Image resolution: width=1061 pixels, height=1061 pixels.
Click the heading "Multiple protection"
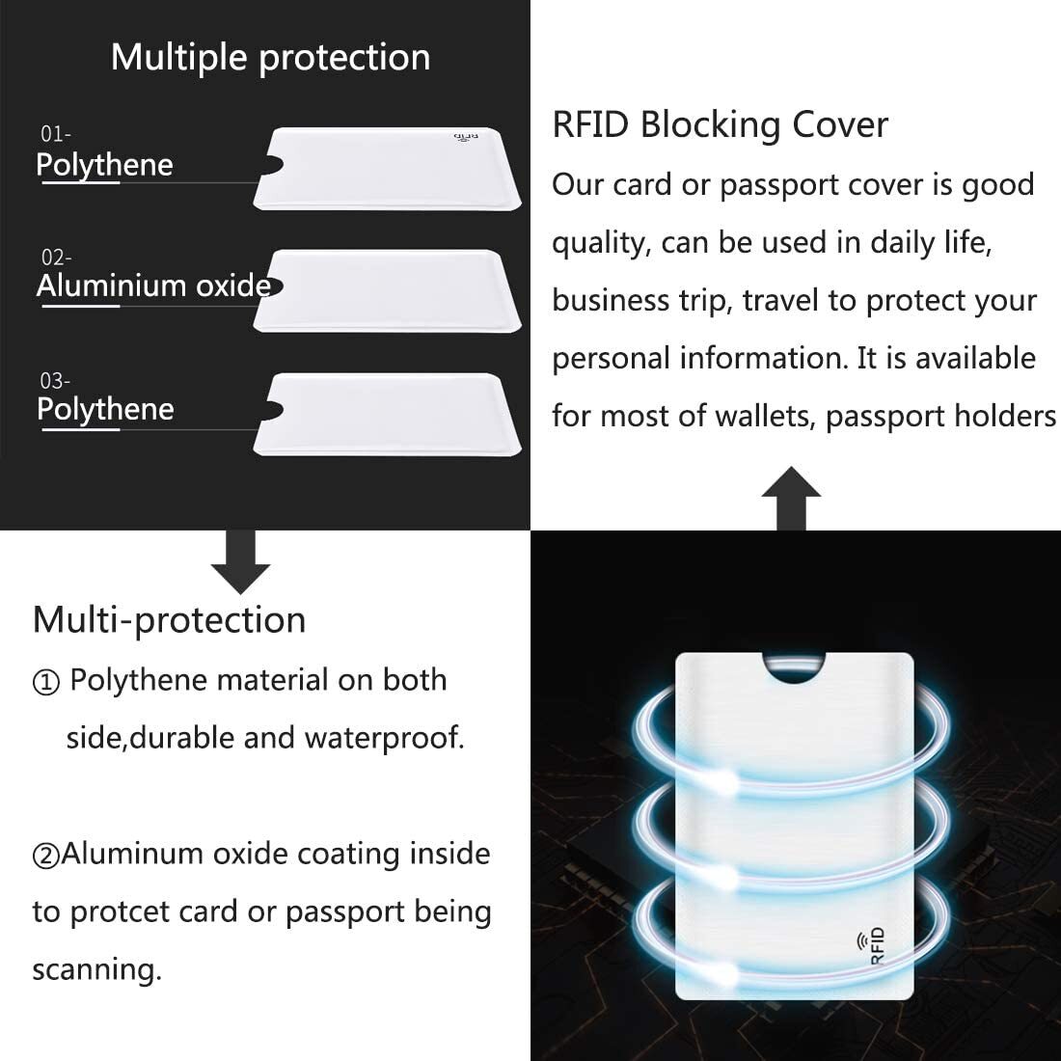(270, 58)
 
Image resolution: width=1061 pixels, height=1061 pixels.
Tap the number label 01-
(56, 134)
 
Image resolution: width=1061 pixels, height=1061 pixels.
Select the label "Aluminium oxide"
(153, 286)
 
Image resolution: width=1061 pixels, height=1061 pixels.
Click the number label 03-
(56, 381)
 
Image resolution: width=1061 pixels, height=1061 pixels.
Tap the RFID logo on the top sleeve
(466, 138)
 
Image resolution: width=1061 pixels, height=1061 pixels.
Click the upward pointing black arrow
(791, 498)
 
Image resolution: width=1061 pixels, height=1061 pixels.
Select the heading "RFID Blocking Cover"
(720, 125)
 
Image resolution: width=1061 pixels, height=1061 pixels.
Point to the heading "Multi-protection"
(169, 619)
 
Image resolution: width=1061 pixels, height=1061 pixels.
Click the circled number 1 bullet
(46, 683)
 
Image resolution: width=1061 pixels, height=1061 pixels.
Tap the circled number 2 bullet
(46, 856)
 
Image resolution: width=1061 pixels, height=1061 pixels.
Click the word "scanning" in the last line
(96, 969)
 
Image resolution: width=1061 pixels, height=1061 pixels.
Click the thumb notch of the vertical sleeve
(793, 667)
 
